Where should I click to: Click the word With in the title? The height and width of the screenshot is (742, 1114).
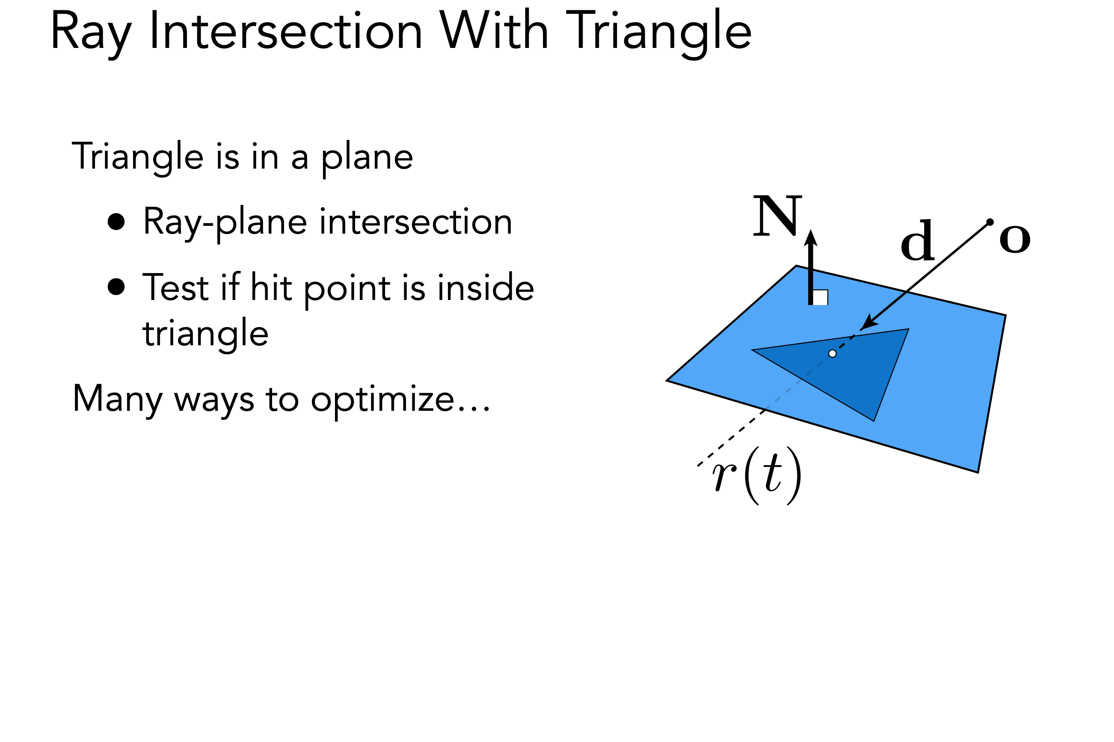(493, 30)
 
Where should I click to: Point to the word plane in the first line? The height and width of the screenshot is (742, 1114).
(367, 157)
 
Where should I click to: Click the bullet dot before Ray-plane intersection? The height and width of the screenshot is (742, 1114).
(116, 222)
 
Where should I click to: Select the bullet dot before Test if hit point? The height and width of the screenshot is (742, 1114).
(116, 286)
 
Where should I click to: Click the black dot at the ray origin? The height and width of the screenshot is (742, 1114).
(990, 222)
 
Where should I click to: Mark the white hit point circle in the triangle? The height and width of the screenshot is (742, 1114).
(833, 353)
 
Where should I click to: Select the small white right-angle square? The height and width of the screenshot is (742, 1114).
(821, 297)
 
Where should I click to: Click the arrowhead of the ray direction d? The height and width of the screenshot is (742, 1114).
(868, 323)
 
